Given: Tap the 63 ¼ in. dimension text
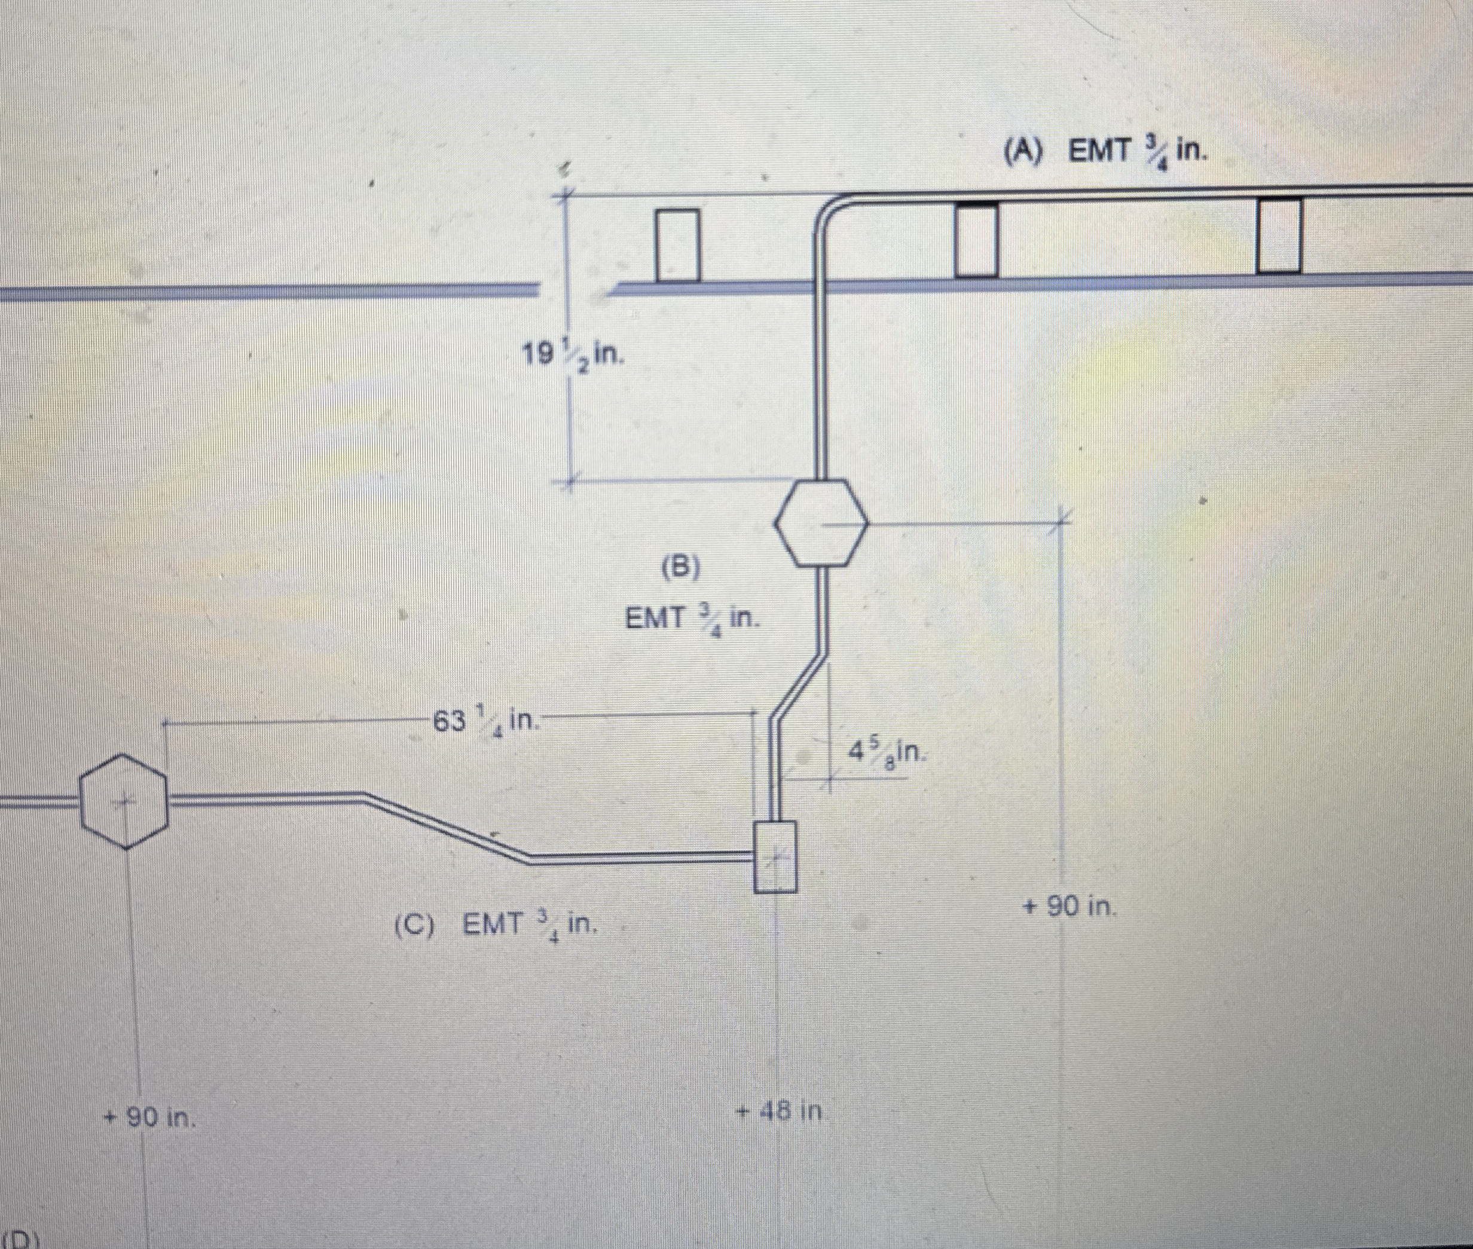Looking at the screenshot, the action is pyautogui.click(x=487, y=721).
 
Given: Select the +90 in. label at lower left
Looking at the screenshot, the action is pyautogui.click(x=150, y=1118).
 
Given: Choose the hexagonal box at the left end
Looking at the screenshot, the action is pyautogui.click(x=124, y=801).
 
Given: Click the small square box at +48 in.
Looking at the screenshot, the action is pyautogui.click(x=775, y=855).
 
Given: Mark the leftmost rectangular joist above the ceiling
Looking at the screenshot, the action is pyautogui.click(x=678, y=245).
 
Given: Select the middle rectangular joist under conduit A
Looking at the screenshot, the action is pyautogui.click(x=977, y=239).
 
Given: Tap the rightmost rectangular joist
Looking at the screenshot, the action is pyautogui.click(x=1279, y=236).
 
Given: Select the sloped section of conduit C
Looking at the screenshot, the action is pyautogui.click(x=446, y=828).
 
